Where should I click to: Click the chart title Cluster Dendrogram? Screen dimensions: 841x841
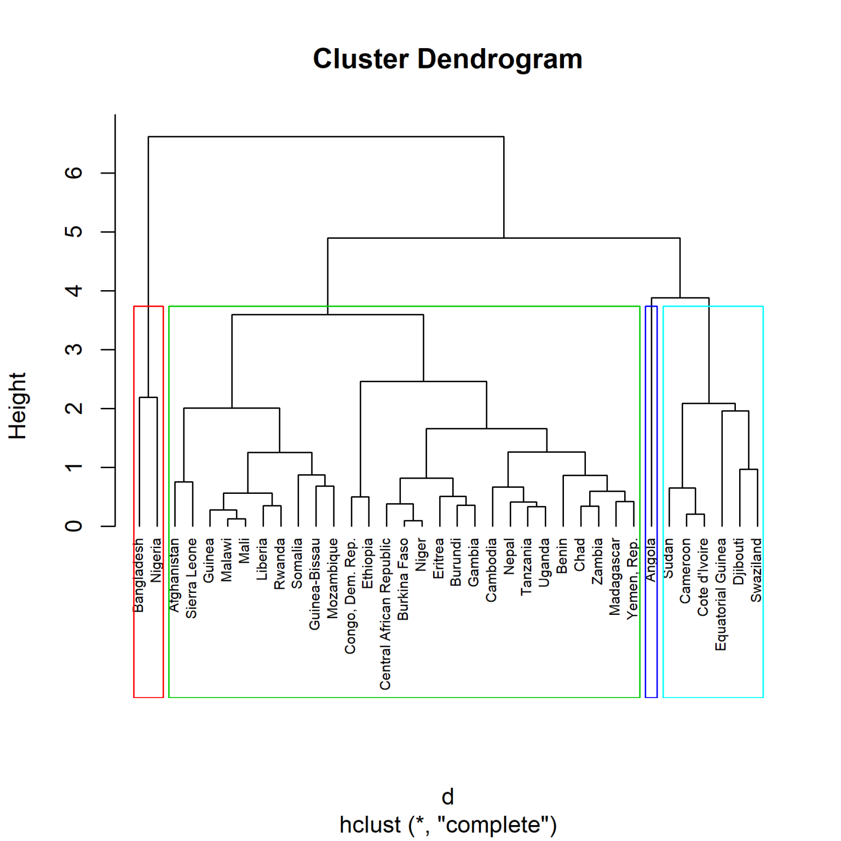click(447, 59)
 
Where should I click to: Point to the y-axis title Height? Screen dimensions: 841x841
click(18, 406)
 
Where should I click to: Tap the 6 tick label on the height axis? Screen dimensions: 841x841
click(74, 173)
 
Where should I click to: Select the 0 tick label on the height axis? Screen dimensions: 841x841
click(74, 526)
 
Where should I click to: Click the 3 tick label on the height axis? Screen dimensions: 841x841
click(74, 349)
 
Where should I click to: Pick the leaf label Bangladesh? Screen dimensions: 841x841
click(139, 575)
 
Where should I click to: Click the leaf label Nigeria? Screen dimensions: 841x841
click(157, 560)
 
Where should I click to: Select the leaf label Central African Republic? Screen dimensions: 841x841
click(385, 613)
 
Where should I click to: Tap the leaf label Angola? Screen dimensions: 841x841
click(650, 560)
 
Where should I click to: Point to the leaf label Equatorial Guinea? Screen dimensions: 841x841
click(721, 594)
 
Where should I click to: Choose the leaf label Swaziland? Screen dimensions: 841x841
click(756, 570)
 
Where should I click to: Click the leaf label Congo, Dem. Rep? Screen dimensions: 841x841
click(350, 596)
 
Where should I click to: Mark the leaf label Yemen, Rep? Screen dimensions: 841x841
click(633, 579)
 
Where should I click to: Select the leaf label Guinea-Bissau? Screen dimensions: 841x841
click(315, 584)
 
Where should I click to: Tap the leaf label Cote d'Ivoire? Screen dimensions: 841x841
click(703, 577)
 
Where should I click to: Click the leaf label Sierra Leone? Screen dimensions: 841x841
click(191, 578)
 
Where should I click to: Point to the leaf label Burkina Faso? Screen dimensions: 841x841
click(404, 579)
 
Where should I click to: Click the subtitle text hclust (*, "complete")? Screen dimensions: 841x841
click(447, 825)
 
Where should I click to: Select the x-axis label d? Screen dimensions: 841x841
click(447, 797)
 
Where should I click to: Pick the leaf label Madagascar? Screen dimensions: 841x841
click(615, 577)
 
